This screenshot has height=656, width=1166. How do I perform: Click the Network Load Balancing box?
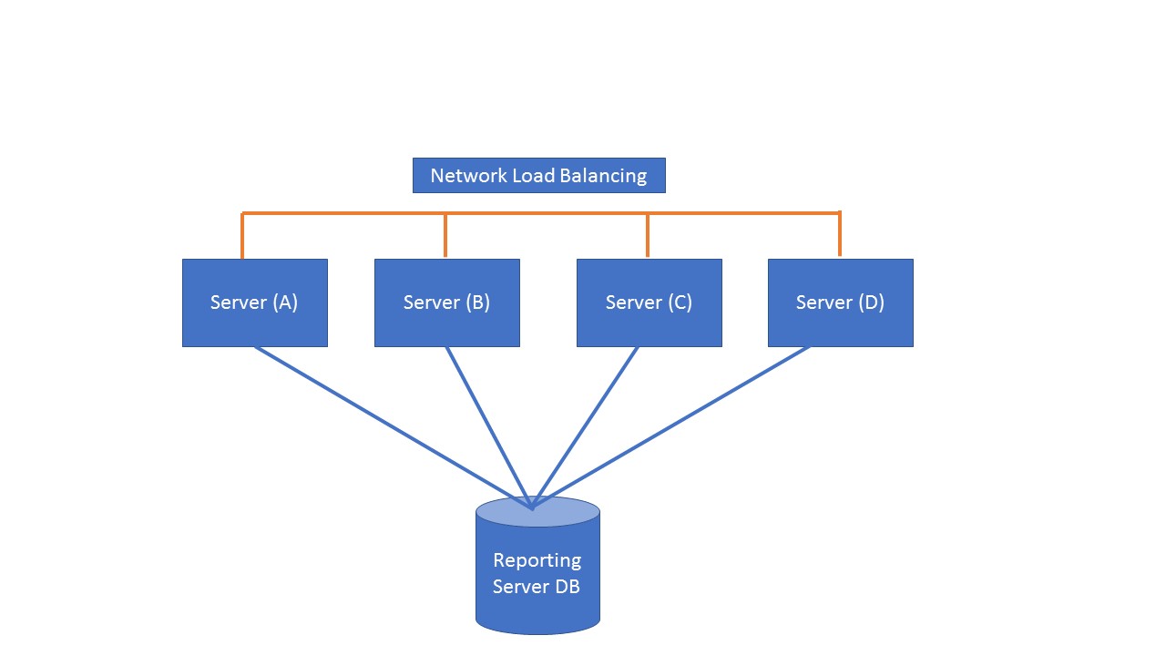pyautogui.click(x=538, y=175)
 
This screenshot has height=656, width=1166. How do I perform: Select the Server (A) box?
pyautogui.click(x=254, y=302)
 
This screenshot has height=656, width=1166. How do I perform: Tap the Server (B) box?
pyautogui.click(x=446, y=302)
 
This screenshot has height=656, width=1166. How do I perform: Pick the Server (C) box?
pyautogui.click(x=649, y=302)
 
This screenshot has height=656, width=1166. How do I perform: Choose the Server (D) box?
pyautogui.click(x=840, y=302)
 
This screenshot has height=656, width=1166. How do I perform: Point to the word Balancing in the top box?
pyautogui.click(x=602, y=176)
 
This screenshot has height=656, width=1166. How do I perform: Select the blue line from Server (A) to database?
pyautogui.click(x=392, y=426)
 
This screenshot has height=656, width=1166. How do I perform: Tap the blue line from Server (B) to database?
pyautogui.click(x=487, y=426)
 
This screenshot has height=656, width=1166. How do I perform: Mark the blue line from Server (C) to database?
pyautogui.click(x=585, y=426)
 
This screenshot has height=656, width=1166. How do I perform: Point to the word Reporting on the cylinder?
pyautogui.click(x=537, y=560)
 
